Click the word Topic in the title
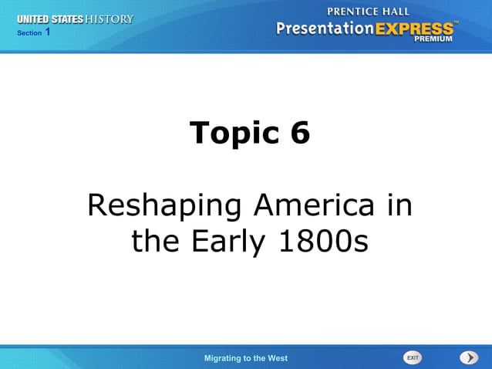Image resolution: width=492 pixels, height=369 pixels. click(x=234, y=133)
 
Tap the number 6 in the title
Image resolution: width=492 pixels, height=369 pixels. click(x=300, y=133)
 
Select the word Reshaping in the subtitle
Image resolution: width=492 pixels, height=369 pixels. click(x=155, y=207)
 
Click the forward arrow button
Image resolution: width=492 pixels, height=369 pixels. click(x=469, y=357)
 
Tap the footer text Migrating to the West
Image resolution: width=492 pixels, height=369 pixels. click(x=246, y=358)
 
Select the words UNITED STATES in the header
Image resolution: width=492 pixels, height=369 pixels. click(x=50, y=19)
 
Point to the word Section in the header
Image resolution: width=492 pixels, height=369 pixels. click(x=29, y=33)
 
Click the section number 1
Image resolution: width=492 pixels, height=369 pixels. click(x=48, y=32)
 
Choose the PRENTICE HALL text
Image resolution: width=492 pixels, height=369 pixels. click(x=367, y=12)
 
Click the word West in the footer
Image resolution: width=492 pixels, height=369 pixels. click(x=278, y=358)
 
